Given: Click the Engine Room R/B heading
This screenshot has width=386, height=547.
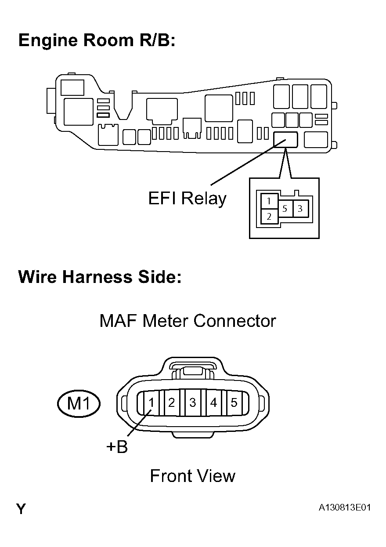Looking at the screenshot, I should coord(97,40).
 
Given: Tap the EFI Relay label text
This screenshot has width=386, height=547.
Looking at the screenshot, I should coord(187,199).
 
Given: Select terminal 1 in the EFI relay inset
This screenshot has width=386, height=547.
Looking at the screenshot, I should coord(269,202).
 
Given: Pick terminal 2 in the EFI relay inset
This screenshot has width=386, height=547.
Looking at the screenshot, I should coord(269,216).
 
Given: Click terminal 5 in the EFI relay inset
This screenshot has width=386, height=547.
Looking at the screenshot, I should coord(285,209).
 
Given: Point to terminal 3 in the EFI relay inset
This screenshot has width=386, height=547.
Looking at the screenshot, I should coord(300,209).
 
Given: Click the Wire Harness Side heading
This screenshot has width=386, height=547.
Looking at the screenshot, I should coord(100,277).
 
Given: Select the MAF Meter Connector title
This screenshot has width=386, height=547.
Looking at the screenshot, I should coord(188,321).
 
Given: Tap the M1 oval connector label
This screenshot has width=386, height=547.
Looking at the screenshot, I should coord(79,403).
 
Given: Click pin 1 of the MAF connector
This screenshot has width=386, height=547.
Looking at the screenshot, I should coord(151,402).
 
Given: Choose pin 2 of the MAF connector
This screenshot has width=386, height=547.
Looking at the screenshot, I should coord(172,402).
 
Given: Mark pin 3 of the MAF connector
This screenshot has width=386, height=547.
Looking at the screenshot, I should coord(192,402).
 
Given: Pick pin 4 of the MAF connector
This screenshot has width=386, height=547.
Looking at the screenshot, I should coord(213,402).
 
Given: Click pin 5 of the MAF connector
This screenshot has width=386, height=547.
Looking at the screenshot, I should coord(234,402).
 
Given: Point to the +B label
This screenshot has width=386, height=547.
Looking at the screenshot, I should coord(117,447).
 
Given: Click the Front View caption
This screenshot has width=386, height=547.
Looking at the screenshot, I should coord(192,476).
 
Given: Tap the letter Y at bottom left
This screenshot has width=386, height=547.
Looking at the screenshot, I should coord(21,509).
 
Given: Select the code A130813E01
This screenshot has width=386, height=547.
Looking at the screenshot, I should coord(345,508).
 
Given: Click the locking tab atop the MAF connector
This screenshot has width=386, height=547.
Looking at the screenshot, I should coord(192,370).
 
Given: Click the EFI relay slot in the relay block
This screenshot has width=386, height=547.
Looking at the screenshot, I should coord(285,139).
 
